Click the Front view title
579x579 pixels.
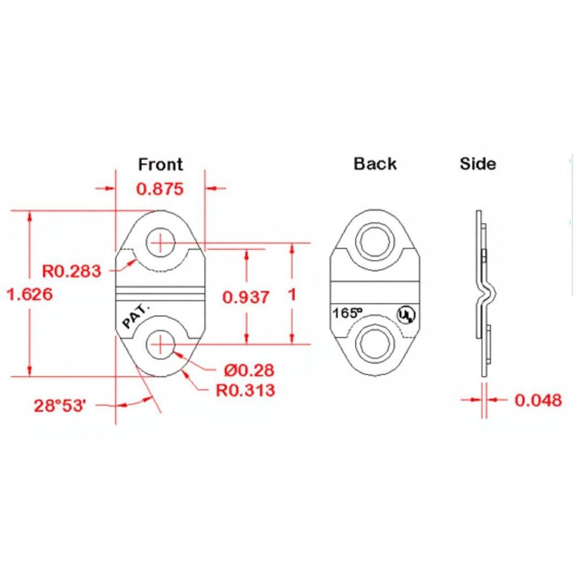(160, 165)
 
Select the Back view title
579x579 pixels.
(375, 163)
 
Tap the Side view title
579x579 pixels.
(478, 163)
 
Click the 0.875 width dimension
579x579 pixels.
(160, 189)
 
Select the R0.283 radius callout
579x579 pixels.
(71, 271)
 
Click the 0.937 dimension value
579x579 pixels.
(246, 297)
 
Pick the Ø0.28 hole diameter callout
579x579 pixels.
(249, 370)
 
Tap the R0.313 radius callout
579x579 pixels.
(245, 390)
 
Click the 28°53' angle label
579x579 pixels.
(60, 405)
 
